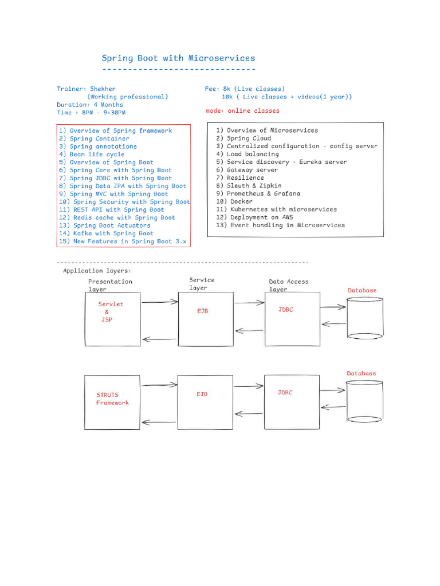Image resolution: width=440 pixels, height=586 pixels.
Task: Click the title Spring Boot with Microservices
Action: [x=178, y=58]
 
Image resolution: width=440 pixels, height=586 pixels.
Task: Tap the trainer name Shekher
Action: [x=103, y=89]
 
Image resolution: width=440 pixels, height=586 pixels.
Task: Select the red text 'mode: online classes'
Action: [x=242, y=110]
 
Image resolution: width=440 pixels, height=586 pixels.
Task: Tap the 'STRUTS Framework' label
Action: [x=112, y=399]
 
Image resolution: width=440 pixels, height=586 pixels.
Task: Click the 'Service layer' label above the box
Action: [x=202, y=284]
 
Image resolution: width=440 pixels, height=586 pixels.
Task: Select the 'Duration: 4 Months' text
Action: [x=89, y=105]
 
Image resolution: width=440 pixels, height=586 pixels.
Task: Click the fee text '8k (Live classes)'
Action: [x=252, y=89]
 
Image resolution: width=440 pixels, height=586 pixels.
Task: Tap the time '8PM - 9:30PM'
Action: [x=104, y=113]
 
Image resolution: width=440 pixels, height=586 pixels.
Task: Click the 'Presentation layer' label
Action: [x=109, y=285]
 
